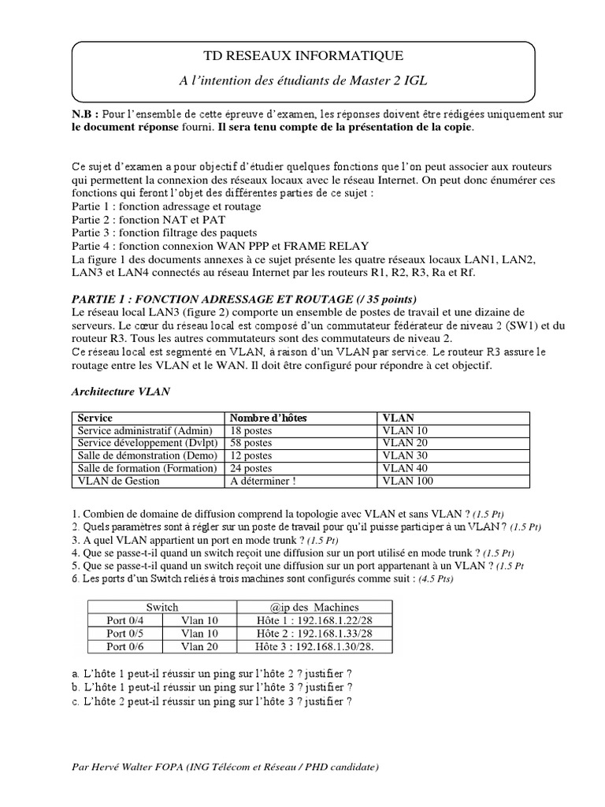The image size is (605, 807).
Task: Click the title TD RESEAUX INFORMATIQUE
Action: (x=303, y=55)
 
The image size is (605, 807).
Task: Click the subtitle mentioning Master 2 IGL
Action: (x=303, y=80)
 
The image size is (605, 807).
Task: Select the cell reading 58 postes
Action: (x=251, y=444)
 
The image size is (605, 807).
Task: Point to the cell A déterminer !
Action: (x=265, y=481)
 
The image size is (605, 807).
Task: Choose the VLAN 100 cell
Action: (x=408, y=481)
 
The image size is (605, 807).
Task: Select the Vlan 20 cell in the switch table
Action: (x=200, y=646)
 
